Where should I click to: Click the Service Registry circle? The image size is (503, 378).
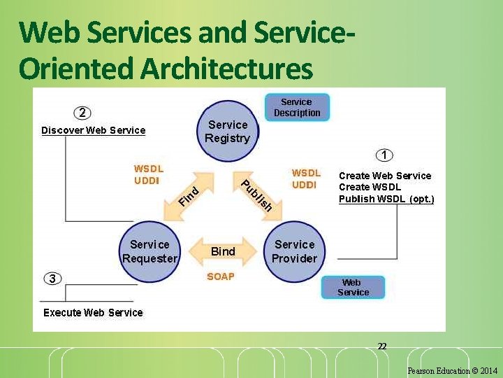(227, 131)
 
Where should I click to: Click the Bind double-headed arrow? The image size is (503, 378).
(223, 251)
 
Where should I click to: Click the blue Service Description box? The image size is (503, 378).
(297, 107)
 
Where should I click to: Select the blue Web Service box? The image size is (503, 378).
(353, 287)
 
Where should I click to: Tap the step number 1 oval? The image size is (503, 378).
(384, 155)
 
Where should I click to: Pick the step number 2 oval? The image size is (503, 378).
(82, 113)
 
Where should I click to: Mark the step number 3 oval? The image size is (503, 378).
(52, 279)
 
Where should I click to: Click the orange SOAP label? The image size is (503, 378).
(221, 276)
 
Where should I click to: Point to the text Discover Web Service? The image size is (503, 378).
(94, 130)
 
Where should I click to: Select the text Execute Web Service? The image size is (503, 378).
(93, 313)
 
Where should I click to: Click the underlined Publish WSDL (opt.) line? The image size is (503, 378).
(386, 199)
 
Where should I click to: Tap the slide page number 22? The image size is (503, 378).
(382, 346)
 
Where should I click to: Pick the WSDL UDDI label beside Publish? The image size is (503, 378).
(305, 178)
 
